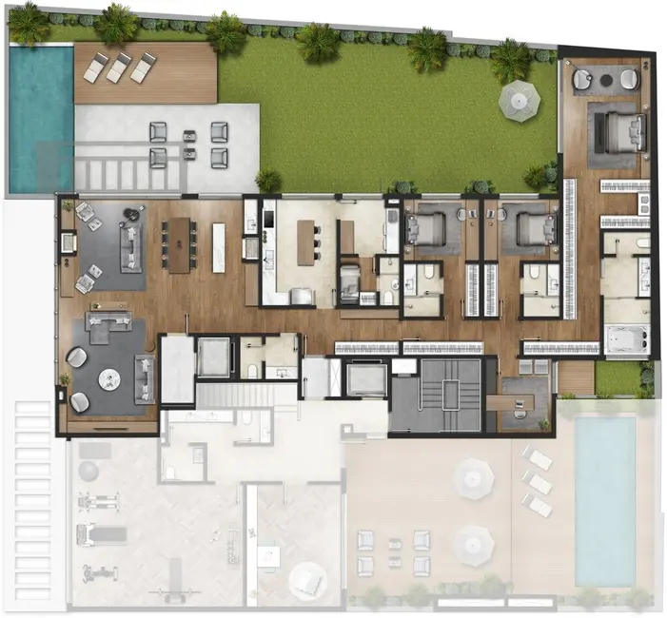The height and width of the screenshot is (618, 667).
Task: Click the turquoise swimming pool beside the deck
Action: pos(40,114)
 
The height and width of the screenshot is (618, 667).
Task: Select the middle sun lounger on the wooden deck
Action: pos(120,68)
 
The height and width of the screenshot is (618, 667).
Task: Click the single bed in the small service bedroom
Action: pos(350,281)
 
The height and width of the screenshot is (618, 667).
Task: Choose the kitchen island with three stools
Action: pos(306,242)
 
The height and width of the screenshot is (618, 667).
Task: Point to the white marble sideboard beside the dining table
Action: pos(219,246)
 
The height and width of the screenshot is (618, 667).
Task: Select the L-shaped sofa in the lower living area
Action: pos(106,329)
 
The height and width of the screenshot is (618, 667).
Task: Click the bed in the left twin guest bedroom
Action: pos(423,227)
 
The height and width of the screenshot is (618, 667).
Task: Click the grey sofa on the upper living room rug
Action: pos(128,244)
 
